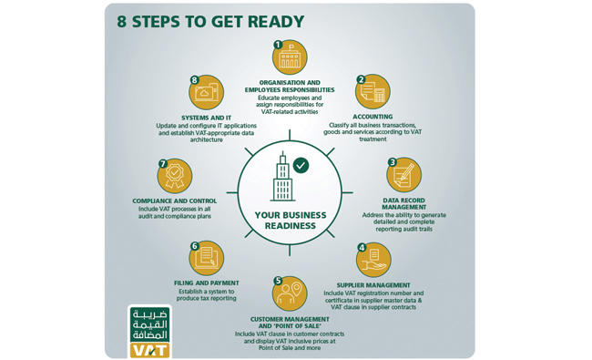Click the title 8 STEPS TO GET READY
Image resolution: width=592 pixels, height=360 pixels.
(x=210, y=22)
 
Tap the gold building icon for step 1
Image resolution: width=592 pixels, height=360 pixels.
(x=290, y=57)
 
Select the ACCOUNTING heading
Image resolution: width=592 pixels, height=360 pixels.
(x=373, y=117)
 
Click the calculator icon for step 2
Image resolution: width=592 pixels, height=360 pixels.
(x=373, y=92)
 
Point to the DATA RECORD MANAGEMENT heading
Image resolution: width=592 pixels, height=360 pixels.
(x=403, y=203)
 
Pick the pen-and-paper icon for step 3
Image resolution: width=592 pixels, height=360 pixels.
(x=404, y=175)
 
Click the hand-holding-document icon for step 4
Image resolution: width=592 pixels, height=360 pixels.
(x=373, y=260)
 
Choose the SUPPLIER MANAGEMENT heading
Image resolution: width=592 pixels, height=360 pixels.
(x=373, y=285)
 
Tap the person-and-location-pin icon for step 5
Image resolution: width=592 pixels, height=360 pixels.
(x=290, y=293)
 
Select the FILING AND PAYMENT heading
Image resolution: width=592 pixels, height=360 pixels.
(x=206, y=283)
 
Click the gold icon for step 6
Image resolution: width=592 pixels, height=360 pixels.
(x=206, y=259)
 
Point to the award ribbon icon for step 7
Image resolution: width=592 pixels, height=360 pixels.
(x=175, y=176)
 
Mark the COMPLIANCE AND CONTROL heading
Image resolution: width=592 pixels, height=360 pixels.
(x=175, y=201)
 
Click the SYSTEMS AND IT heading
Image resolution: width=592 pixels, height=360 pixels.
(x=206, y=118)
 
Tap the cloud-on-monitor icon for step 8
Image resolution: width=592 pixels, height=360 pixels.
(x=206, y=93)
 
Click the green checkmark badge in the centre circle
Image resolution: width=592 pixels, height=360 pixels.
(x=301, y=165)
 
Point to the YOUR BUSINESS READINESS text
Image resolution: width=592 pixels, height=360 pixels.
(x=290, y=221)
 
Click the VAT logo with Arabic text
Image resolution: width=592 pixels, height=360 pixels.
(x=150, y=332)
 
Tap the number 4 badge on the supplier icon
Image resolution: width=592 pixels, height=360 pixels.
(x=362, y=247)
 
